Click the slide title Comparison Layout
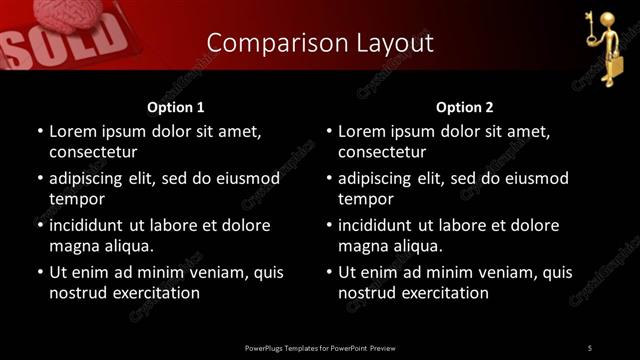320,43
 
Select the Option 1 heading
176,106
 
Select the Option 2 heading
465,106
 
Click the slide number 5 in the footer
590,347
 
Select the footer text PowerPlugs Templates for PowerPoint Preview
320,347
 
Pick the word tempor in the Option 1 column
73,199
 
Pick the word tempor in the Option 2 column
362,199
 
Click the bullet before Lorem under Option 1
40,131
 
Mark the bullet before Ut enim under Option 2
329,272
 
